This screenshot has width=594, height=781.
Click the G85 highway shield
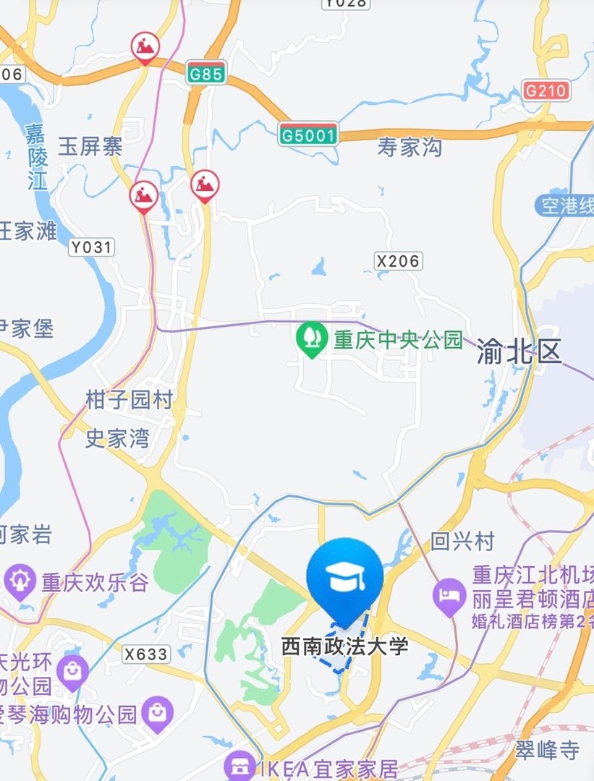point(206,73)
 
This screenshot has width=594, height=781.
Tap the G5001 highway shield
point(308,134)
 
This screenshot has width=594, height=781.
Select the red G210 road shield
point(546,90)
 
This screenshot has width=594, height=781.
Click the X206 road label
point(398,260)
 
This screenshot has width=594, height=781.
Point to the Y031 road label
point(92,247)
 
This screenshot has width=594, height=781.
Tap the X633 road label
point(145,654)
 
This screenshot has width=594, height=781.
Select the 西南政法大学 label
point(345,646)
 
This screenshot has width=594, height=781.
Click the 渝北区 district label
point(519,352)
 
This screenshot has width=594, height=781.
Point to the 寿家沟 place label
point(410,148)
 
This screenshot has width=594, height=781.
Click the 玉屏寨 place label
point(90,148)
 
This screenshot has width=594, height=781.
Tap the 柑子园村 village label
point(129,400)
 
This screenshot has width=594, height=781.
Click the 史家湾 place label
point(117,438)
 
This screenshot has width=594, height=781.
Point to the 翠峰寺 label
point(548,750)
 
